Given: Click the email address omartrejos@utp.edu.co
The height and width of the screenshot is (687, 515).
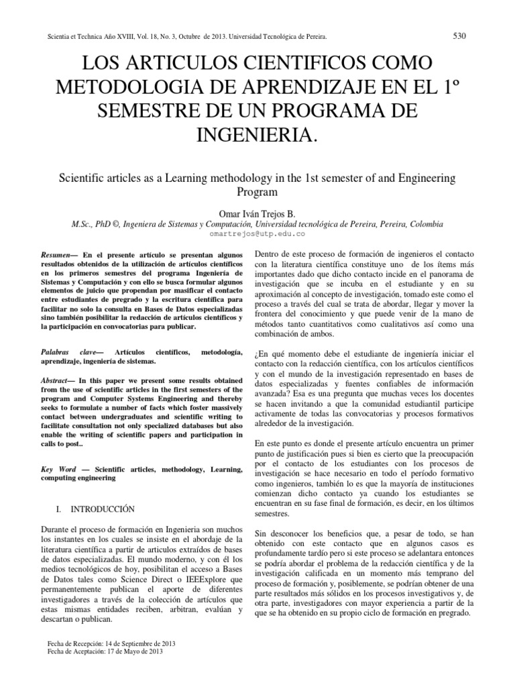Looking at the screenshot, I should tap(257, 233).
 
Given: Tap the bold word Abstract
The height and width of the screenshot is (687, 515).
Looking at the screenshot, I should tap(56, 379).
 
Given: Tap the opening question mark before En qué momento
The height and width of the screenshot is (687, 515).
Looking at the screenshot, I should tap(258, 354).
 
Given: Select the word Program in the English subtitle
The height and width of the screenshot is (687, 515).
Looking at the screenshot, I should tap(257, 191).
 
